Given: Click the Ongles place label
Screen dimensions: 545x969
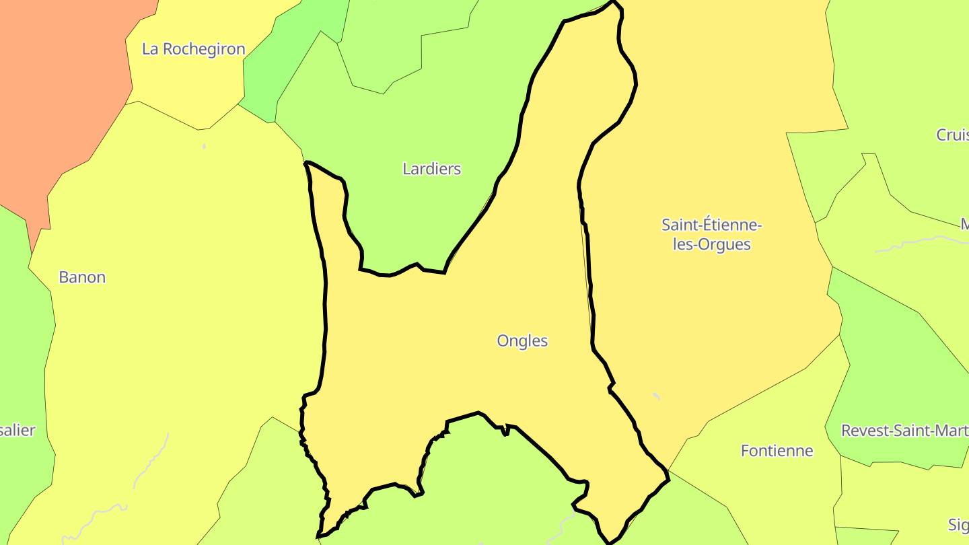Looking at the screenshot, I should coord(522,340).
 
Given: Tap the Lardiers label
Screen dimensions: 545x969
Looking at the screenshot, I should coord(431,168).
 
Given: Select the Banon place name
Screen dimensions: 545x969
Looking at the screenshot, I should coord(82,277).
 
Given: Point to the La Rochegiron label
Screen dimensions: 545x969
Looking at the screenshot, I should coord(194,49).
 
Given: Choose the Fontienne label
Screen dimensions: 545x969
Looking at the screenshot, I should coord(777,451).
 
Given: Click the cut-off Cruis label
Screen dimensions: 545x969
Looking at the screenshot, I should coord(952,135).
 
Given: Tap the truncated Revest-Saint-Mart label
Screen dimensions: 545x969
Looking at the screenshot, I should coord(904,431).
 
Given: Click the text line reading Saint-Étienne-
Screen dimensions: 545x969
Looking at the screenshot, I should coord(711,224).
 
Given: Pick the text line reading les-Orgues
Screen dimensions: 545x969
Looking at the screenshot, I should coord(711,244).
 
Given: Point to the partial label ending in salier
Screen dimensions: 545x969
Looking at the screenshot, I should coord(17,431).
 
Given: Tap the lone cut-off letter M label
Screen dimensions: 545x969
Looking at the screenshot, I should coord(964,224).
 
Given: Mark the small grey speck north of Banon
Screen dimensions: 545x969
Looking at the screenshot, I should coord(204,146).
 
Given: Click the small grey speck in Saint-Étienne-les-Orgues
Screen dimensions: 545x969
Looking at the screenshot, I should coord(656,396).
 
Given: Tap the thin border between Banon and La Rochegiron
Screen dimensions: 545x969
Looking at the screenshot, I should coord(168,114).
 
